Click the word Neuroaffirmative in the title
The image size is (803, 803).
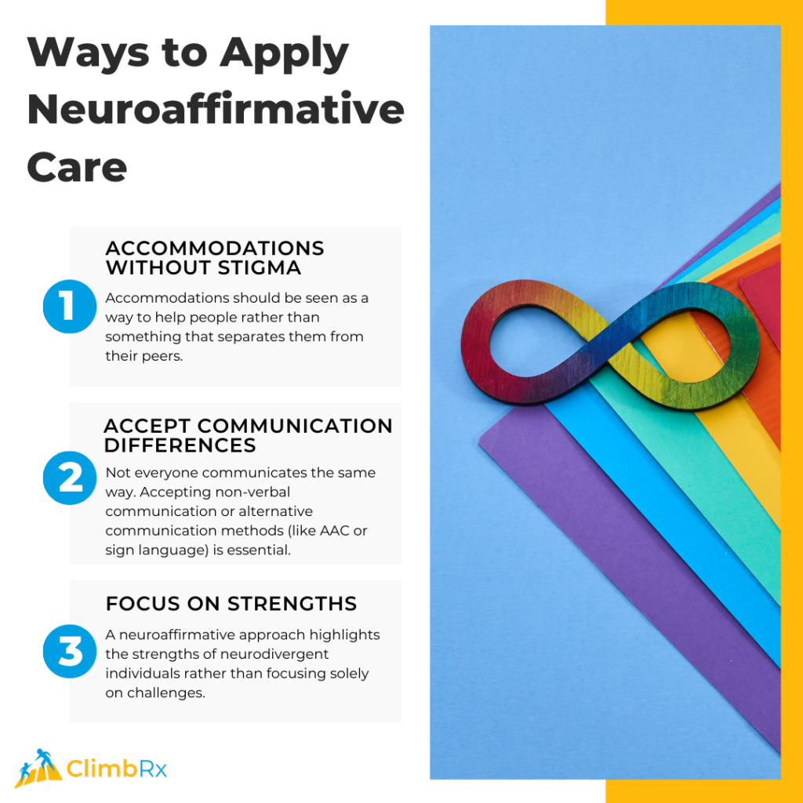216,111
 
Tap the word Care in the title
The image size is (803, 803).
77,167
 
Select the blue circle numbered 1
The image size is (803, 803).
70,306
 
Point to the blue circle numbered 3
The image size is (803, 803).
70,651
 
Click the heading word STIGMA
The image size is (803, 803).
262,267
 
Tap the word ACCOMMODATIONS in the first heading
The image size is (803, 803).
215,248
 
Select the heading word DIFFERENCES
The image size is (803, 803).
180,445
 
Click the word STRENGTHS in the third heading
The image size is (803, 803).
292,604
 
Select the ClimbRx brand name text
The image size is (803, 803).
117,768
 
